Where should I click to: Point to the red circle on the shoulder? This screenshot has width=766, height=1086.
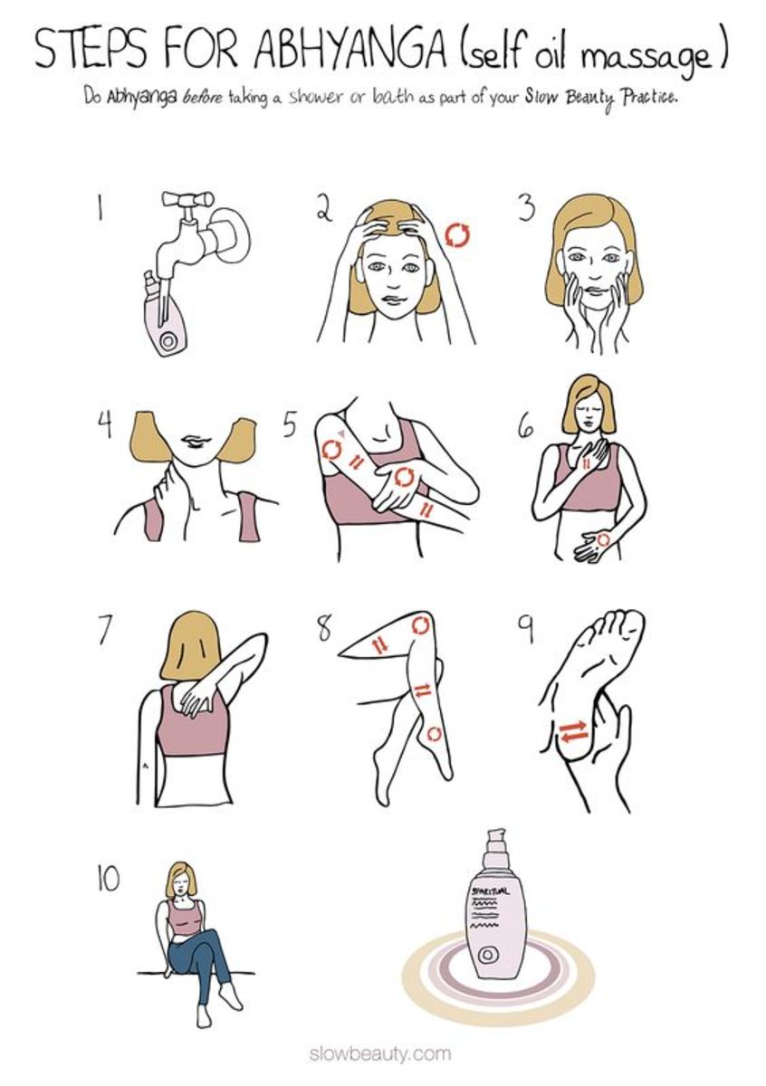pos(331,450)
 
